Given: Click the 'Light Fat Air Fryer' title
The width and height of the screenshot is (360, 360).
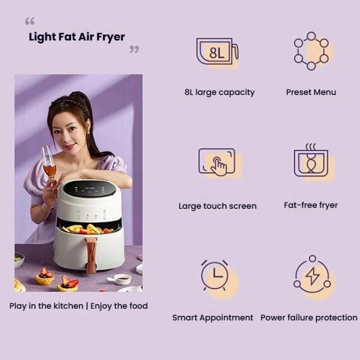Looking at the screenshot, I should [77, 37].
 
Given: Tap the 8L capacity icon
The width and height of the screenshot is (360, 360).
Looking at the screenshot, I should [217, 52].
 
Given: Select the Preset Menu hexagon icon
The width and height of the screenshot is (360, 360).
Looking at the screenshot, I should [311, 51].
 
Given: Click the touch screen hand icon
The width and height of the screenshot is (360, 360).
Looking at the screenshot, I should [217, 162].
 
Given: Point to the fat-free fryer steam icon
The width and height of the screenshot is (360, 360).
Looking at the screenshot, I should [311, 161].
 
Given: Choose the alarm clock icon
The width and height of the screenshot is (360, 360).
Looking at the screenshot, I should [215, 276].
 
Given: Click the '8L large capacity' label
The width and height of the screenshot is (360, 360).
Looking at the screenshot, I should [219, 92].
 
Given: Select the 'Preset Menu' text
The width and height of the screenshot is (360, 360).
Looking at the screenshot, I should [311, 92].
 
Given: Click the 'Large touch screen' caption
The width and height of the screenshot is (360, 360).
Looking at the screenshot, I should [217, 206].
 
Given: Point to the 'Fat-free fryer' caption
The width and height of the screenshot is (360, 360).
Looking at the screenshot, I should [311, 205].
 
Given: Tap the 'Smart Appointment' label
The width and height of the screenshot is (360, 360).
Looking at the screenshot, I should [213, 318].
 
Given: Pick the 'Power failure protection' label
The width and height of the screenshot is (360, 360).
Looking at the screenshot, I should [309, 318].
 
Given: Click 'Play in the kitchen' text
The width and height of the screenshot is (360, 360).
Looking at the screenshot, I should [46, 306].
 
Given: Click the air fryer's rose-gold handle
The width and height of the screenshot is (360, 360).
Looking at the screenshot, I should [90, 253].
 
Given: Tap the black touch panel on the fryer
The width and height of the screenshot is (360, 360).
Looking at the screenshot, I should [91, 189].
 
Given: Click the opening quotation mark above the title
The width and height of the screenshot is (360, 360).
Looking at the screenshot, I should [30, 22].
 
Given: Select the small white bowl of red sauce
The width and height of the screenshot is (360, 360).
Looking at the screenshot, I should [123, 279].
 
